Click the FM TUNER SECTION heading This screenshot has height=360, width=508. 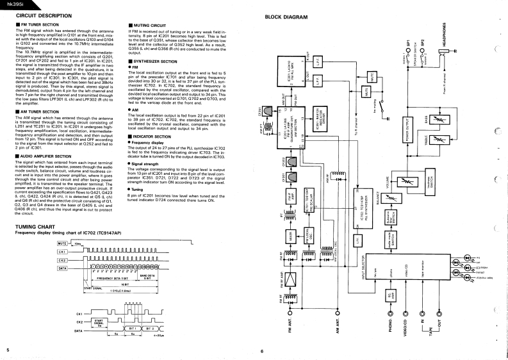point(41,24)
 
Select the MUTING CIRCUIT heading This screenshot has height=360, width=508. point(150,24)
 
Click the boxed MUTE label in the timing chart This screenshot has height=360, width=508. point(62,244)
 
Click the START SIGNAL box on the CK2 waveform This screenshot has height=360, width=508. point(99,321)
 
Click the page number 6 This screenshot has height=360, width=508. point(262,350)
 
